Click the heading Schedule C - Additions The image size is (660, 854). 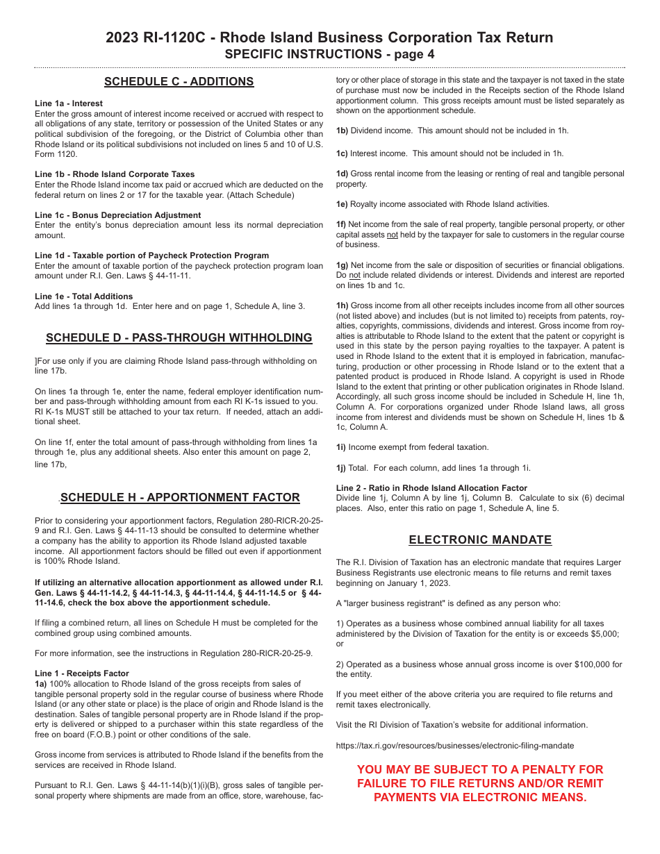click(x=179, y=82)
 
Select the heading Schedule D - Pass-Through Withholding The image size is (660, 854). click(x=179, y=338)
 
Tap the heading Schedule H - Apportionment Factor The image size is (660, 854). click(x=180, y=498)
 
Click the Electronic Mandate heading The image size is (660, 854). click(x=480, y=540)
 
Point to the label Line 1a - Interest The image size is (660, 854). click(x=69, y=103)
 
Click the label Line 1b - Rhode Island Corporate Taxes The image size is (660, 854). click(x=115, y=174)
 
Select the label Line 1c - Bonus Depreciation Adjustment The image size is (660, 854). click(x=117, y=215)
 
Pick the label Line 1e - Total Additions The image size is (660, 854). click(x=84, y=296)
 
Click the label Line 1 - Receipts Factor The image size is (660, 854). click(x=82, y=673)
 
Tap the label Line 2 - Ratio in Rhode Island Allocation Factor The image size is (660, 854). click(x=431, y=488)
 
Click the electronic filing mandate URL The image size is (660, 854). click(x=455, y=746)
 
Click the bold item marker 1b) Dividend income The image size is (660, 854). click(x=342, y=131)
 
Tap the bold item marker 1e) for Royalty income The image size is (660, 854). click(x=342, y=204)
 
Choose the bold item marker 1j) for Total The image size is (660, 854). click(x=341, y=468)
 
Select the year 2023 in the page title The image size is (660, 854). click(x=122, y=38)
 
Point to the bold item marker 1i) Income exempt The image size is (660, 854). click(x=341, y=447)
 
